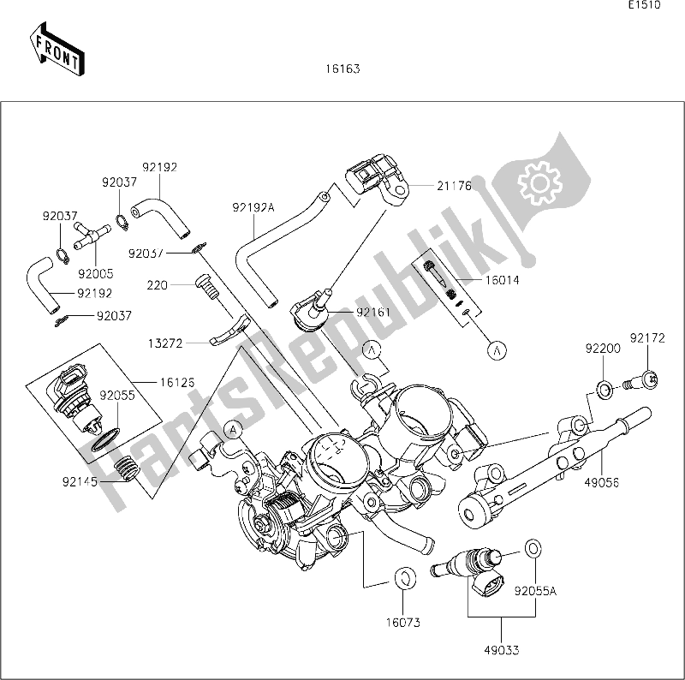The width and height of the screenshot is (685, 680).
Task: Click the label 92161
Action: click(x=374, y=313)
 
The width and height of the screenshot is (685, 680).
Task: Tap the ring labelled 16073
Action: click(x=403, y=576)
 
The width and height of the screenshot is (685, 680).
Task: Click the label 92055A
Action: click(x=535, y=589)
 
